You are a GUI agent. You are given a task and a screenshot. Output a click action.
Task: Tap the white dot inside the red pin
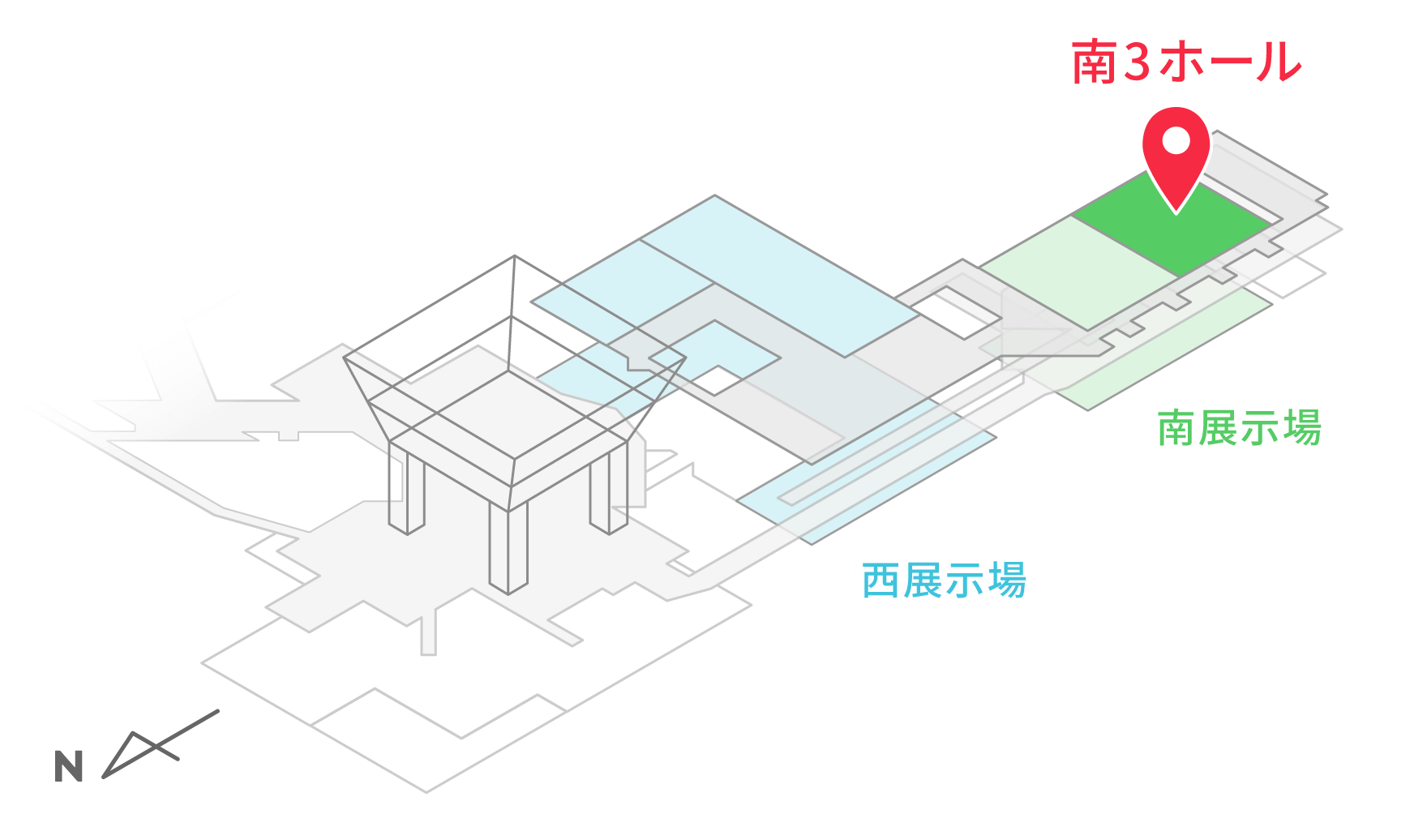(1176, 141)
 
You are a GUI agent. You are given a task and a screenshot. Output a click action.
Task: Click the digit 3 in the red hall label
(1138, 62)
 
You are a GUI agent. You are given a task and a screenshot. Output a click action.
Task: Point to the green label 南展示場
(1239, 428)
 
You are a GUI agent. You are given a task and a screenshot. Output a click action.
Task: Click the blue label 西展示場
(944, 581)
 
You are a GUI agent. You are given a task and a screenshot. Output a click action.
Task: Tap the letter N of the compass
(69, 766)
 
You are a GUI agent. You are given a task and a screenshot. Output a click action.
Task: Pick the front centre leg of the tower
(508, 547)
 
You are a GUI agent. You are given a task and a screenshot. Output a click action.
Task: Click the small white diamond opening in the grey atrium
(713, 379)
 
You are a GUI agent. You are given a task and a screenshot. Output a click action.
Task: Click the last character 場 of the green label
(1301, 428)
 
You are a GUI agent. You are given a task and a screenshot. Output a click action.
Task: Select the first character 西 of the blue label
(881, 581)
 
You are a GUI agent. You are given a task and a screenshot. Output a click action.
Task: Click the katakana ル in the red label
(1279, 62)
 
